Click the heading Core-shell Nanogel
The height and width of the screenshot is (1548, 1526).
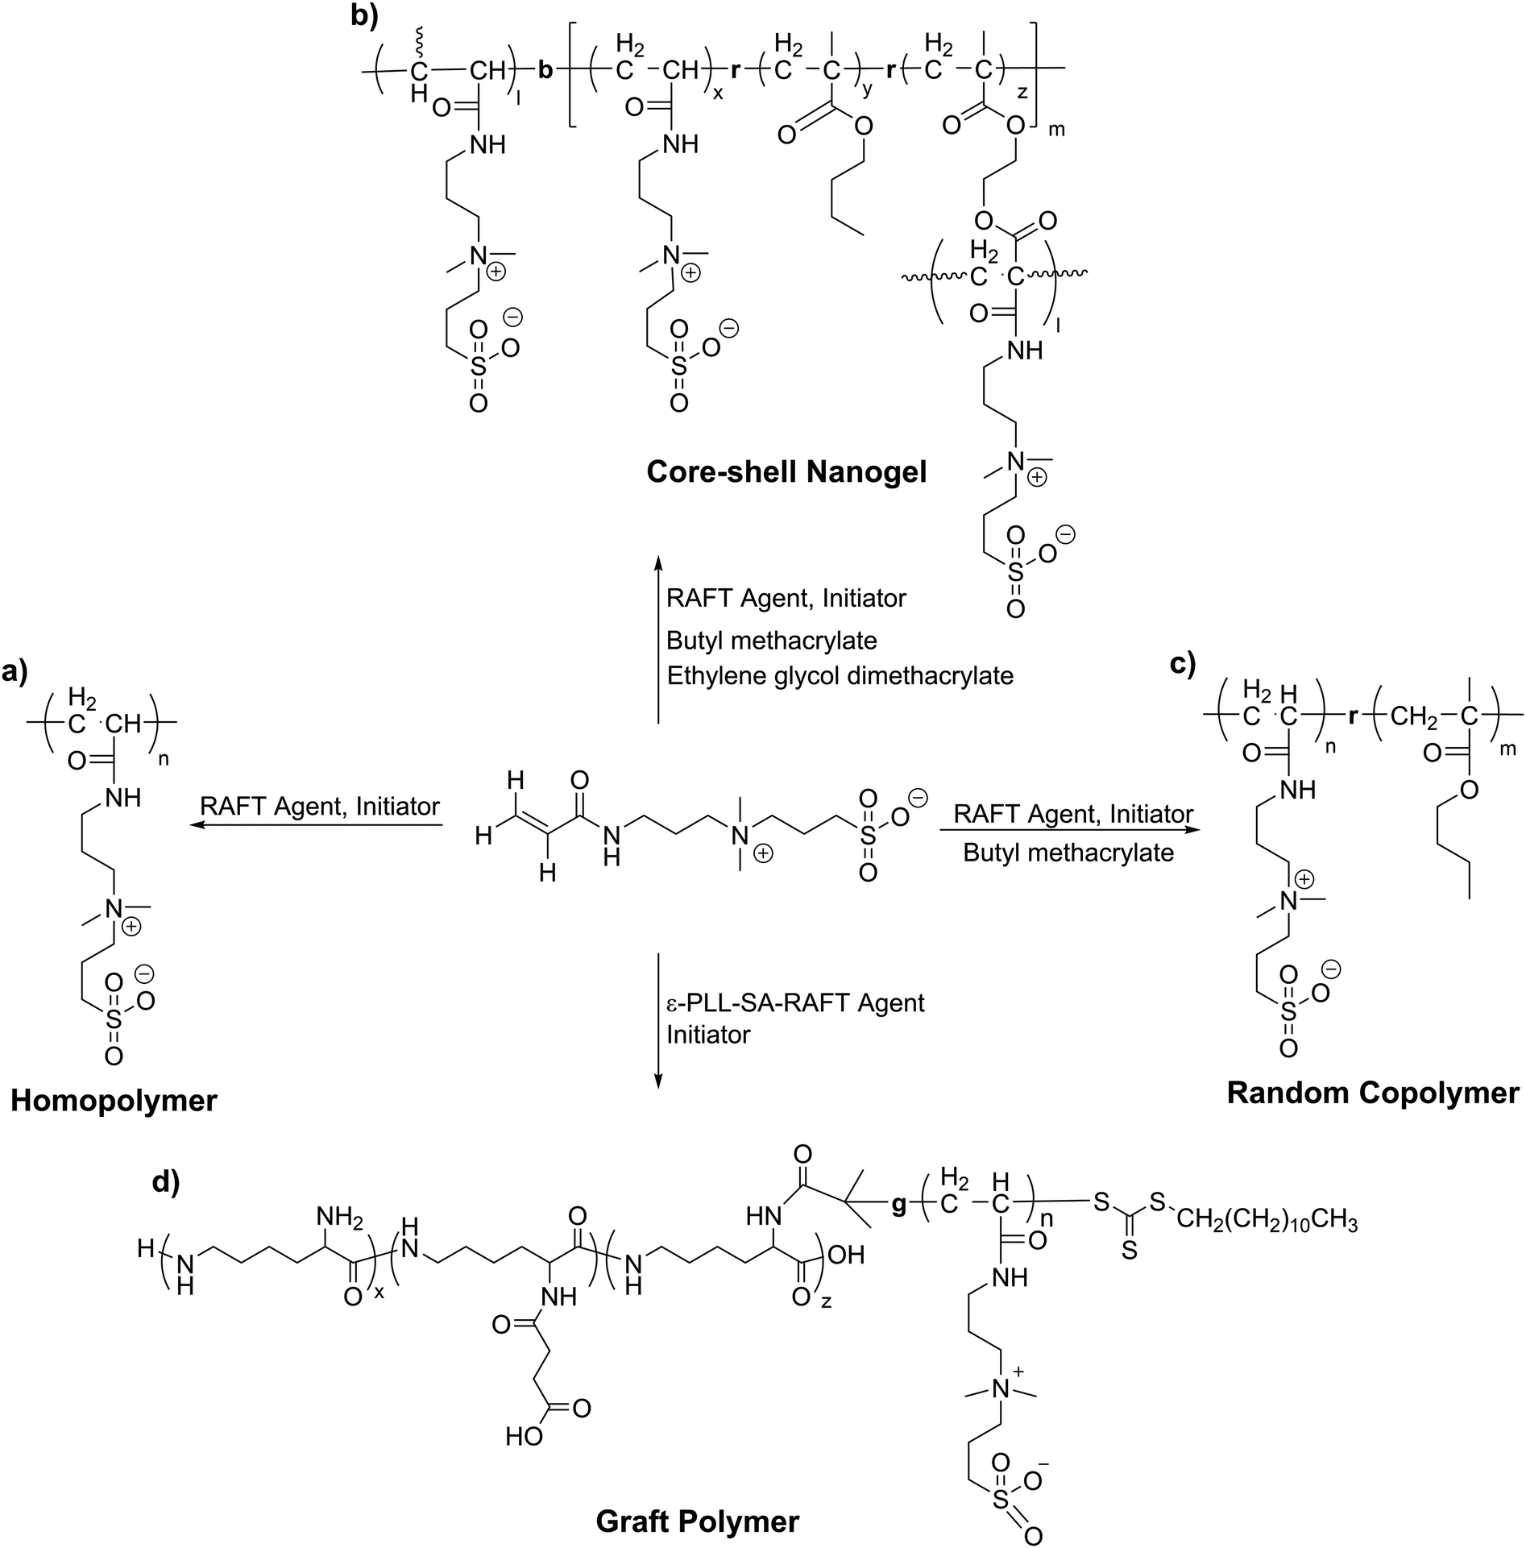click(x=786, y=472)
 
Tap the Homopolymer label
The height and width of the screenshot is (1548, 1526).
click(x=114, y=1100)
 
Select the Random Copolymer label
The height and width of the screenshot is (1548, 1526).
click(x=1373, y=1093)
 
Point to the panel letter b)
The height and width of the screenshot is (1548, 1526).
click(x=365, y=15)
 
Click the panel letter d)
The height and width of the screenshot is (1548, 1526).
click(x=166, y=1182)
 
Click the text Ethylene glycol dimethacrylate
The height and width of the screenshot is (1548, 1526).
click(x=840, y=674)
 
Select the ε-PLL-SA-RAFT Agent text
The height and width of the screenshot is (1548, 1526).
click(x=795, y=1002)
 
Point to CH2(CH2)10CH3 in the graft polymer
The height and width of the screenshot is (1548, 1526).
click(x=1267, y=1222)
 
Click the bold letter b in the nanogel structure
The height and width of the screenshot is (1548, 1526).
click(x=545, y=71)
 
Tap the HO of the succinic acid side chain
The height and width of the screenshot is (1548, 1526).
click(x=525, y=1436)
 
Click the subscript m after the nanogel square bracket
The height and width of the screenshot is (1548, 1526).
click(x=1056, y=129)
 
